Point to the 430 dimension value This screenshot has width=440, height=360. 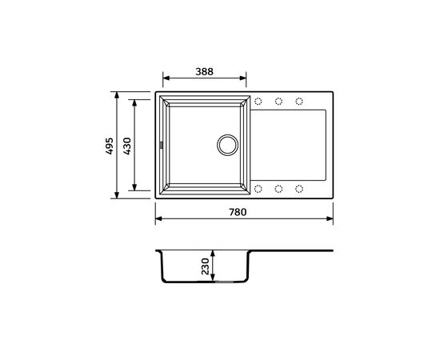point(126,145)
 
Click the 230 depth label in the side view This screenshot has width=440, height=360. point(206,265)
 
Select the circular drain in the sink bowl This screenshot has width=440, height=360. point(226,145)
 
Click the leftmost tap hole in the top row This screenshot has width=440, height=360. point(258,102)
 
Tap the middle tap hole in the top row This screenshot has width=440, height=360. point(279,102)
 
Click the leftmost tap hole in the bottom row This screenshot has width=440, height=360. point(258,189)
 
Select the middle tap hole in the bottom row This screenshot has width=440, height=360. point(279,189)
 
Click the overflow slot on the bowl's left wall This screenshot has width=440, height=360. point(161,145)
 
